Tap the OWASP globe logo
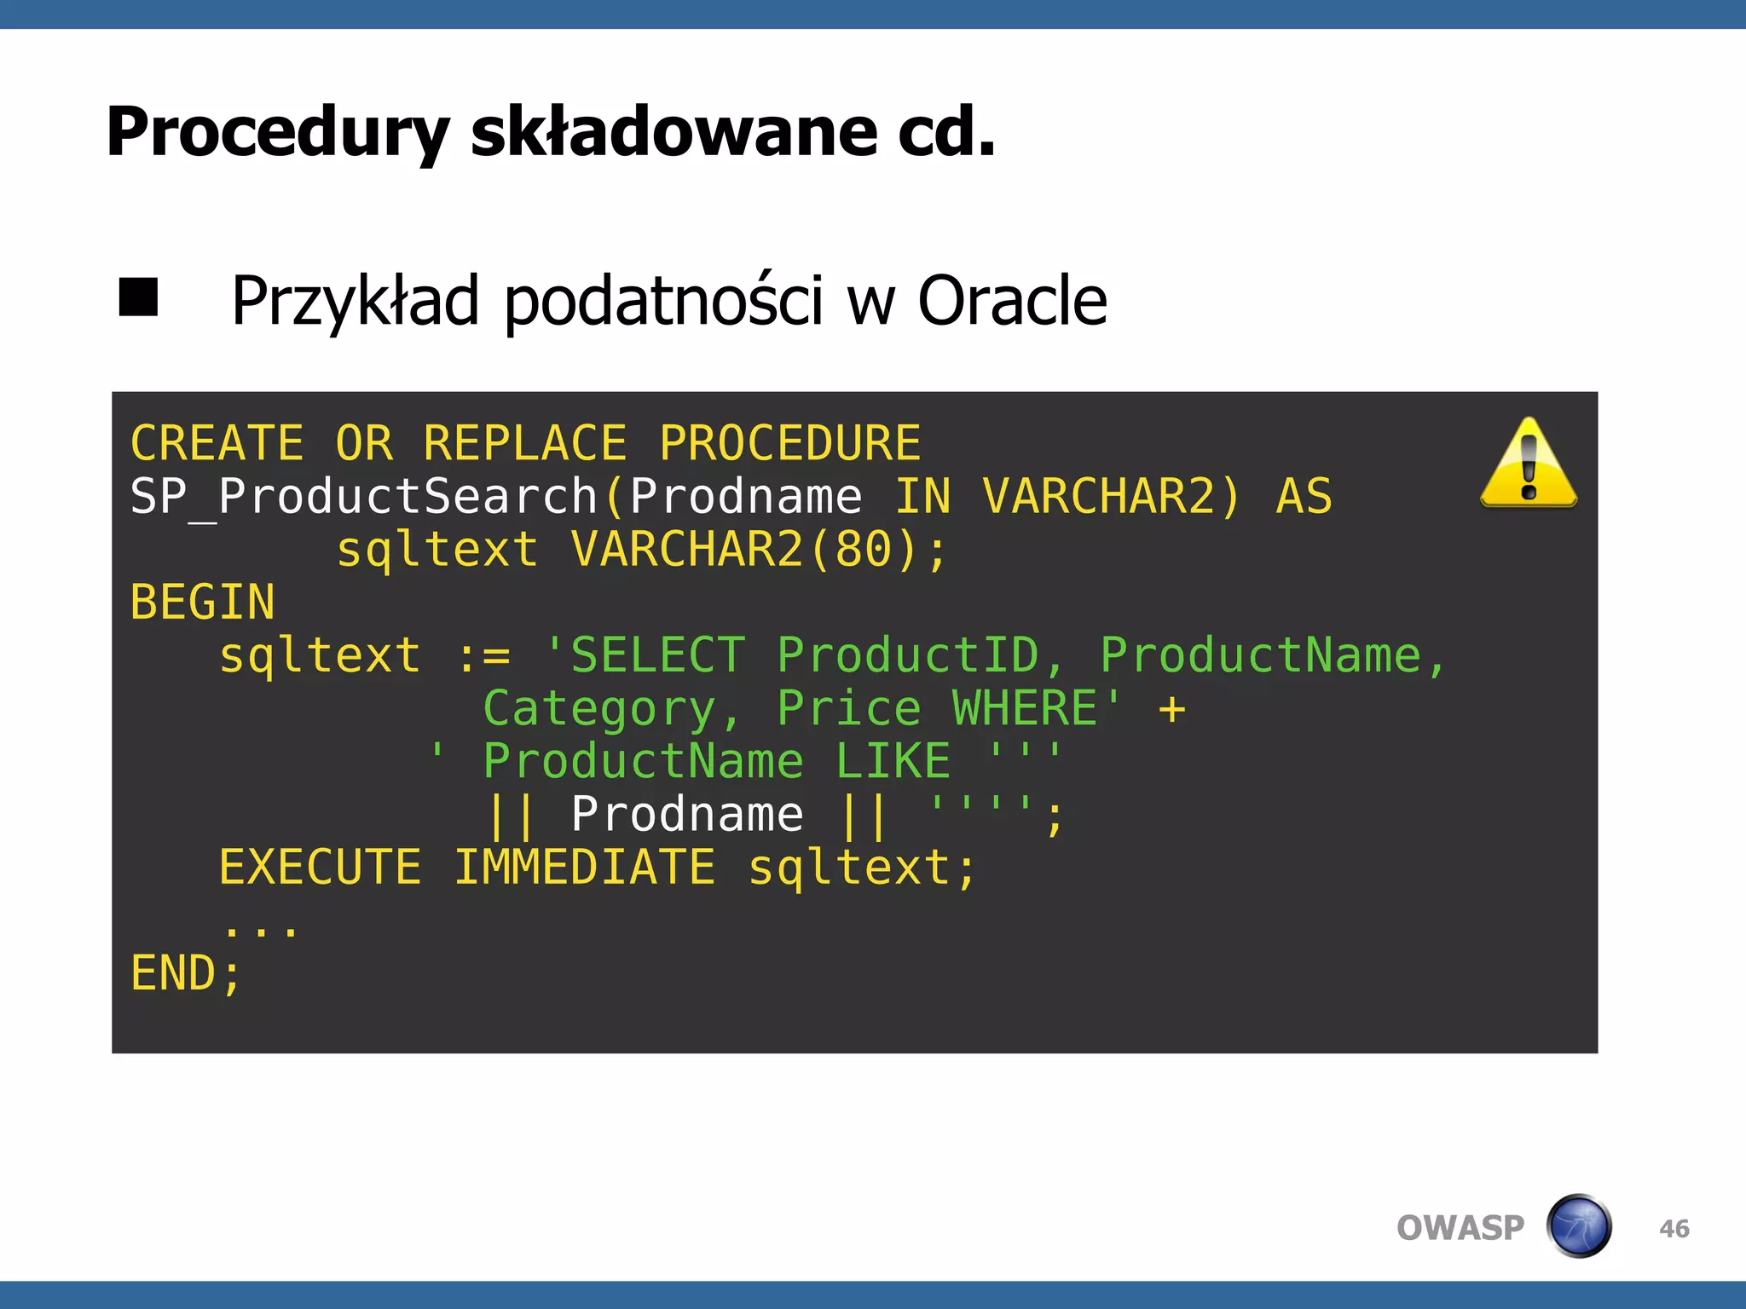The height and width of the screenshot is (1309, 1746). point(1579,1226)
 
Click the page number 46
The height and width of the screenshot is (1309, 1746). point(1674,1228)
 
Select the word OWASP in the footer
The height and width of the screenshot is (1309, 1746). point(1460,1228)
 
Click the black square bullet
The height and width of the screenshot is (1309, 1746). point(139,297)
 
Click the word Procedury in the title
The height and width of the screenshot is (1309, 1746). point(277,133)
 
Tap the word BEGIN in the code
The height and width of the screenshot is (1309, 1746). point(203,603)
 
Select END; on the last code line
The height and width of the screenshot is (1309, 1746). point(186,973)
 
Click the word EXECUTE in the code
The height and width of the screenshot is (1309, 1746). point(320,868)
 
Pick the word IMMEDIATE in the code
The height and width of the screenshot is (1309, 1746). point(584,868)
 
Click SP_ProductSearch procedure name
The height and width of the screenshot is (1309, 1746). point(364,496)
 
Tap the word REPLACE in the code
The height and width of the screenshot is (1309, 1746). point(525,443)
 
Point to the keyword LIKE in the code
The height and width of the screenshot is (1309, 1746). point(893,761)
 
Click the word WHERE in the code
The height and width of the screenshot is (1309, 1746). point(1024,708)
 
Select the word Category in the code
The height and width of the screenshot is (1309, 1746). point(598,708)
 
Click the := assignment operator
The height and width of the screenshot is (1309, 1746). point(483,656)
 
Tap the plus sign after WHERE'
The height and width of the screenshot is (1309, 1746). point(1172,709)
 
